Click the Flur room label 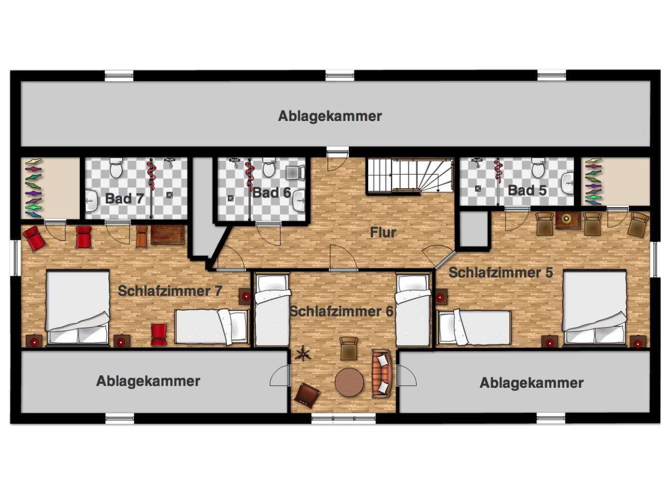click(x=383, y=232)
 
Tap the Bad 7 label click(x=124, y=199)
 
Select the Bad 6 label click(x=271, y=193)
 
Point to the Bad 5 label click(x=527, y=190)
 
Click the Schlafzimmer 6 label click(x=341, y=312)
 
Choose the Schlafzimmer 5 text click(x=501, y=273)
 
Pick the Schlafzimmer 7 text click(x=170, y=291)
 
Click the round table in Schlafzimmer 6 click(x=349, y=382)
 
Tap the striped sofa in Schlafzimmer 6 click(x=381, y=374)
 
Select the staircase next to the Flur click(x=410, y=175)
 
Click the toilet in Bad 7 click(x=116, y=168)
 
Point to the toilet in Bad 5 click(x=538, y=168)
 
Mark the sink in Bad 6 click(x=299, y=200)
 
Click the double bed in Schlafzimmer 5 click(x=594, y=308)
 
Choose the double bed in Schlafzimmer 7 click(x=78, y=308)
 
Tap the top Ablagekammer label click(x=330, y=116)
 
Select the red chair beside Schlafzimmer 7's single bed click(x=159, y=335)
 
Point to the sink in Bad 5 click(x=567, y=183)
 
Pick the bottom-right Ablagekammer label click(x=531, y=383)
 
